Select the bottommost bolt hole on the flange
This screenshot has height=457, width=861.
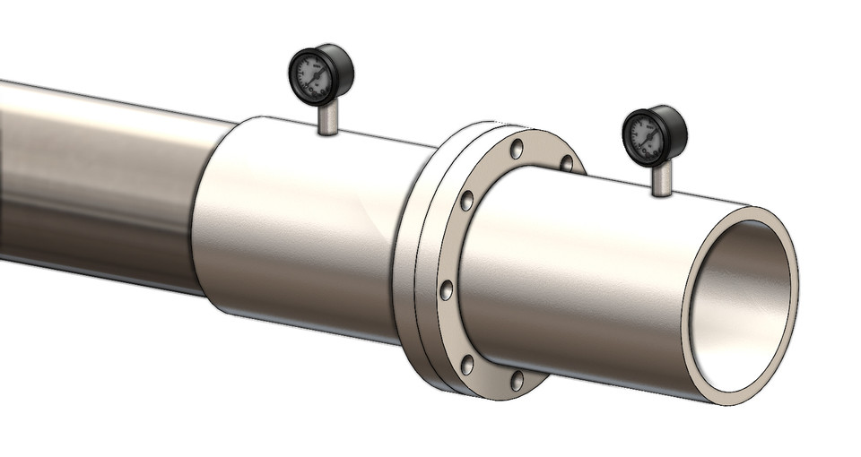point(517,380)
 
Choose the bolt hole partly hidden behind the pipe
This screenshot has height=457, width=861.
point(566,163)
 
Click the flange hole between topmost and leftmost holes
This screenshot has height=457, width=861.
point(466,201)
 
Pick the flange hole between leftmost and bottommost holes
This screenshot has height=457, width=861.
point(466,363)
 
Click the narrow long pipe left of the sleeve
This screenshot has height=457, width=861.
point(90,179)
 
